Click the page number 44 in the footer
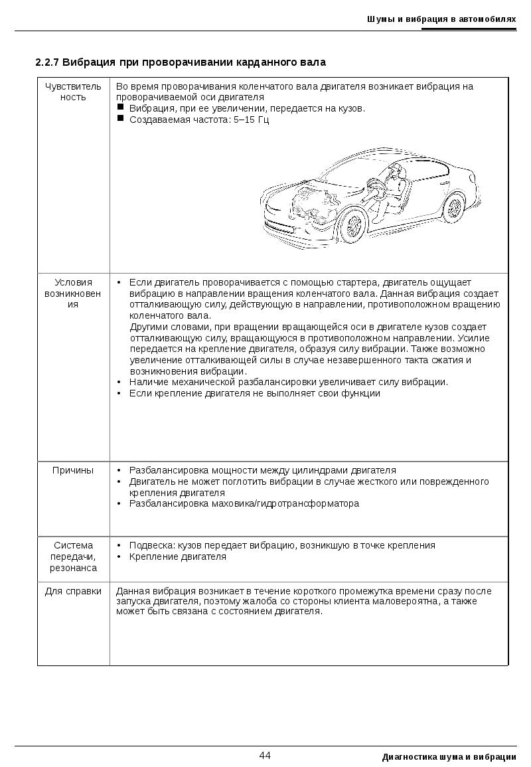click(x=265, y=756)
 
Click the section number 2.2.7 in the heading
click(x=48, y=63)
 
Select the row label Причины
click(x=73, y=470)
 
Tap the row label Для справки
click(x=73, y=591)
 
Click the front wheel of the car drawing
click(x=353, y=225)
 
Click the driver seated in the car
click(x=394, y=189)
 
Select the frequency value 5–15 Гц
click(x=252, y=120)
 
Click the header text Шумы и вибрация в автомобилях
click(x=441, y=19)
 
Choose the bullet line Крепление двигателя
click(x=178, y=556)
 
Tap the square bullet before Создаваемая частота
click(x=121, y=119)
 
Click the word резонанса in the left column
click(x=73, y=568)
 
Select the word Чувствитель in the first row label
click(x=73, y=86)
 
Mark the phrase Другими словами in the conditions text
click(x=165, y=327)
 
